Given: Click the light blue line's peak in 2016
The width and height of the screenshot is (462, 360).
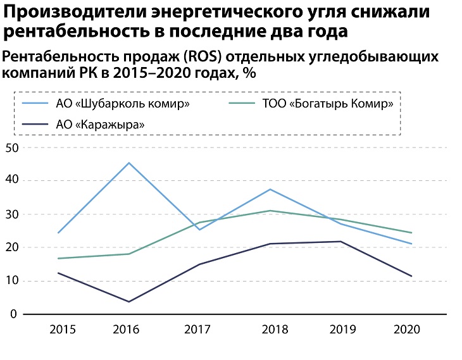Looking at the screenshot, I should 129,163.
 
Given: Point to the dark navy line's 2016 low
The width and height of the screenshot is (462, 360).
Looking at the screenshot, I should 129,302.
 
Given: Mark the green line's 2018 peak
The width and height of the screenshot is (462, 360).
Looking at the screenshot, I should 270,211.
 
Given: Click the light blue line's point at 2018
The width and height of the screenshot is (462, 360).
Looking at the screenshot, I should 270,189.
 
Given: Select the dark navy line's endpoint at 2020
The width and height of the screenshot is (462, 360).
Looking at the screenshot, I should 411,276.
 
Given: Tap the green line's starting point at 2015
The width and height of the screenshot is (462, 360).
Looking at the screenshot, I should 58,258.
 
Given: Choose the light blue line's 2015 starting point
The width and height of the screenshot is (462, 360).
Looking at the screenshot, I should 58,233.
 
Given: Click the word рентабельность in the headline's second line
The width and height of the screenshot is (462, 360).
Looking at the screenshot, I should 84,32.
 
